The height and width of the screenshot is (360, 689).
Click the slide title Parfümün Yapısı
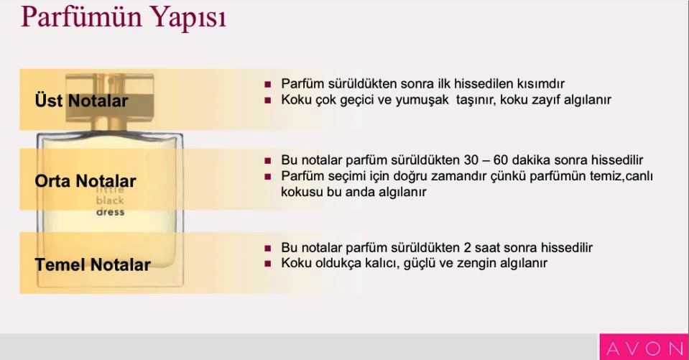tap(124, 17)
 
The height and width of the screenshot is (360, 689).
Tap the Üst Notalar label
tap(81, 101)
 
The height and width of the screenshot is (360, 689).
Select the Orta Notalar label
tap(85, 180)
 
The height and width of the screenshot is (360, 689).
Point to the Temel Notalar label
tap(93, 264)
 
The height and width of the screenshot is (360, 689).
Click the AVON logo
tap(644, 349)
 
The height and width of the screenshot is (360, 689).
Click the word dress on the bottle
tap(111, 212)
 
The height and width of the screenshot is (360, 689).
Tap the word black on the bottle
tap(110, 200)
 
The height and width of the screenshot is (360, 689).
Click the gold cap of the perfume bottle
tap(110, 98)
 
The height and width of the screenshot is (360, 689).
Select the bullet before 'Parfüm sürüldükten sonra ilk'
tap(268, 84)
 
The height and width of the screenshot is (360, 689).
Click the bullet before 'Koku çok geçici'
tap(268, 100)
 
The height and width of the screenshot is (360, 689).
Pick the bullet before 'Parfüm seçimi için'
tap(268, 176)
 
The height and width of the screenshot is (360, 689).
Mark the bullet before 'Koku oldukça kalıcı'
tap(268, 264)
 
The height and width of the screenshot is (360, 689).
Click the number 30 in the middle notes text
tap(471, 160)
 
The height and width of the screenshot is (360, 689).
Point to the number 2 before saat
tap(468, 247)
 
